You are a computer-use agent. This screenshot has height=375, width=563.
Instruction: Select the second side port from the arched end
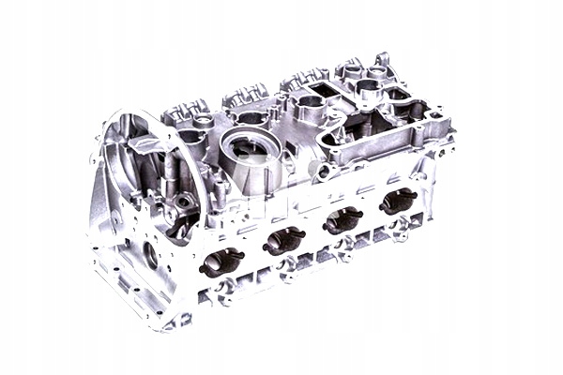(x=284, y=240)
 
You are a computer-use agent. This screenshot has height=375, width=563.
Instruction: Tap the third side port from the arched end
(x=343, y=219)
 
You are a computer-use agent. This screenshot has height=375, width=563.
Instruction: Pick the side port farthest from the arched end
(x=398, y=200)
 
